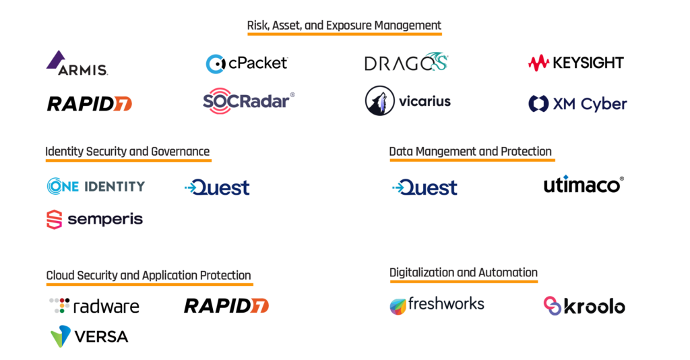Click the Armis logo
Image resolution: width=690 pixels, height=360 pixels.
[x=76, y=63]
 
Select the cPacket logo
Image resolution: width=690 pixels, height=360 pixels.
[x=247, y=63]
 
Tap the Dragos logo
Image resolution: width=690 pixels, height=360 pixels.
[x=406, y=63]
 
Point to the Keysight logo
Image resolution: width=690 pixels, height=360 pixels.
[x=575, y=63]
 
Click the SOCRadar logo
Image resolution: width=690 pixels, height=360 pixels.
[x=248, y=101]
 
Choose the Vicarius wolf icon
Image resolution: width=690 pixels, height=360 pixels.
[x=379, y=101]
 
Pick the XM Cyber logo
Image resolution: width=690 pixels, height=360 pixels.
[x=577, y=104]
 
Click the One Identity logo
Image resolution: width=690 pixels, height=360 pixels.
[x=96, y=186]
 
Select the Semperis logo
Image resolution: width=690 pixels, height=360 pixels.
[x=94, y=219]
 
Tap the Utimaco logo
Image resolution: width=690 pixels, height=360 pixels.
[x=584, y=184]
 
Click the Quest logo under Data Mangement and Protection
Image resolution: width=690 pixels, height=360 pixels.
[x=425, y=187]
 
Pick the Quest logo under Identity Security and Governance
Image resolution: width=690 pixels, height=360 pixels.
[x=217, y=187]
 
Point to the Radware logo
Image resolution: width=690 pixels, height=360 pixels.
[x=94, y=306]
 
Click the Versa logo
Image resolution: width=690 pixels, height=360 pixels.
[x=89, y=336]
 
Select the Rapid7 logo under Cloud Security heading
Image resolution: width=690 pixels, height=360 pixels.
[x=226, y=305]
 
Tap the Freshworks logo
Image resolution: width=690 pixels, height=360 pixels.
[x=437, y=305]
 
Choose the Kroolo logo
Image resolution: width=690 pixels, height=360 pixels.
[x=584, y=306]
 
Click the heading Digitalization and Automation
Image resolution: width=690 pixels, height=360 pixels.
[x=464, y=273]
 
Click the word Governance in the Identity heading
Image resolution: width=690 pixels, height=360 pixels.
[x=178, y=152]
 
